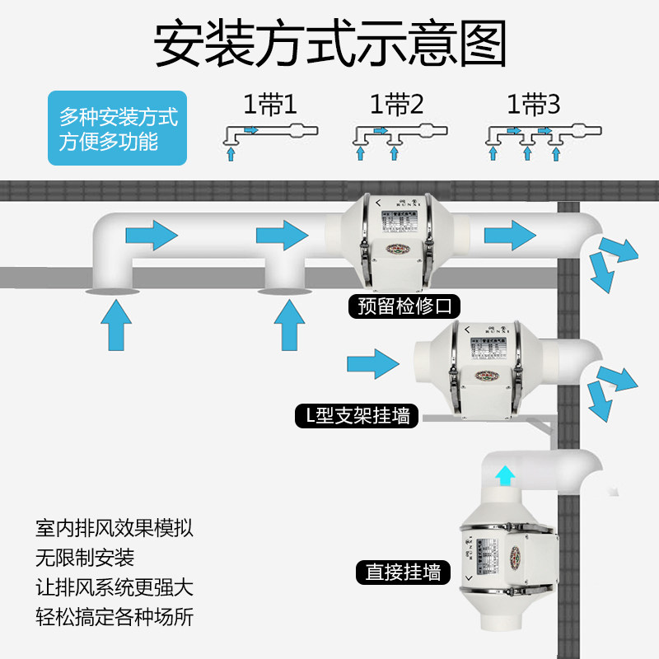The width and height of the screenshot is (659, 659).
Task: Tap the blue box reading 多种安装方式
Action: point(118,129)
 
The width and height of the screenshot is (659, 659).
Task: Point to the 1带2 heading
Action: point(397,105)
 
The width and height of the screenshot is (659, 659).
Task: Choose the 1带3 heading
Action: point(533,105)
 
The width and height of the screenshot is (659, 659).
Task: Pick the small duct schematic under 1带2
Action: point(400,137)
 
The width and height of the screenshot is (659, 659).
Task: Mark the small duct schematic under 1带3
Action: point(543,137)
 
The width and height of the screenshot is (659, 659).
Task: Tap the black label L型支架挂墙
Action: point(357,415)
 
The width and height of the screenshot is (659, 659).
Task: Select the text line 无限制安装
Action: point(85,558)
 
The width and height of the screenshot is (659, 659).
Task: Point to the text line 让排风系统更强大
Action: point(115,587)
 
